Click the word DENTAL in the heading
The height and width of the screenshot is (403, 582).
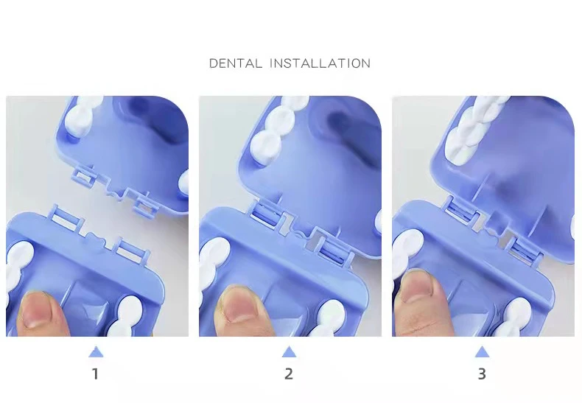tap(235, 63)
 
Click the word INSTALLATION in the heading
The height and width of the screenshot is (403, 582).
tap(320, 63)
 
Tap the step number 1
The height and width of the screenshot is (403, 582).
tap(95, 374)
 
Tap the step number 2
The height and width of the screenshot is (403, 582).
tap(289, 374)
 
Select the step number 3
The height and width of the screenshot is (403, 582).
tap(482, 374)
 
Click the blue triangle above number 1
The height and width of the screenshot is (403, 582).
tap(96, 352)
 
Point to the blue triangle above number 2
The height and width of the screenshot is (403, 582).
tap(289, 352)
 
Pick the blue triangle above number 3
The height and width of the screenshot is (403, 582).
tap(482, 352)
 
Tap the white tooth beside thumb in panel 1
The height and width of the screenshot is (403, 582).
tap(18, 267)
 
